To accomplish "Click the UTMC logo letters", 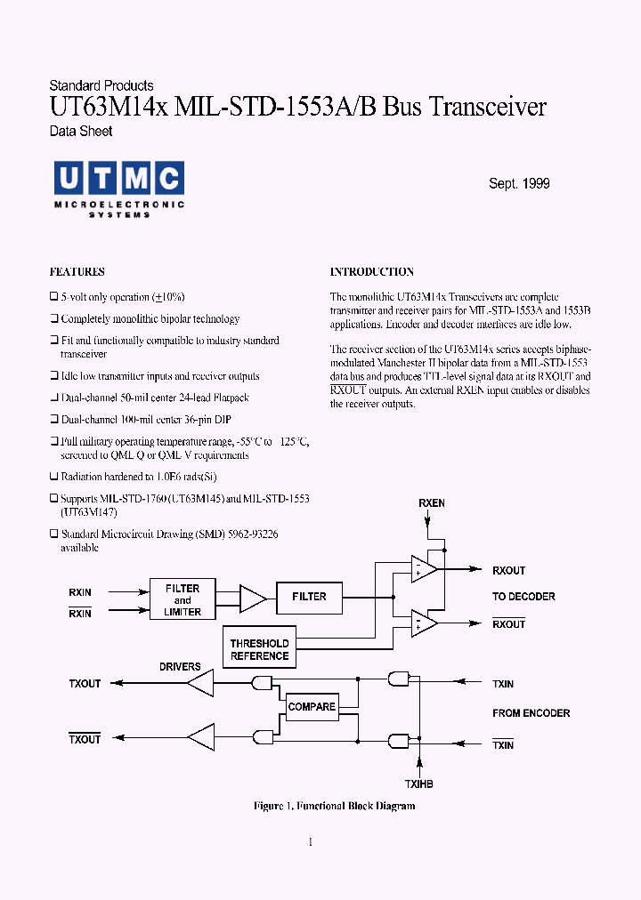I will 118,179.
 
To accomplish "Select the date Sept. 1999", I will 519,184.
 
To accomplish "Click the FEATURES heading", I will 77,272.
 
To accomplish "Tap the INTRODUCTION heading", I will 372,272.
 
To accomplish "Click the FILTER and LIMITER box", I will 183,600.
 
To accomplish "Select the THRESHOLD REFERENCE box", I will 259,650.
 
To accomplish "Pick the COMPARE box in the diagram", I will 312,708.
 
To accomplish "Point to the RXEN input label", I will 432,503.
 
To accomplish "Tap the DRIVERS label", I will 180,667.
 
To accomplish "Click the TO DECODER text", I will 523,597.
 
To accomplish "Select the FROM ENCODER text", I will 531,713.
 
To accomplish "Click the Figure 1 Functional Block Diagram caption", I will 334,807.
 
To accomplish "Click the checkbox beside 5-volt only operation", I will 53,297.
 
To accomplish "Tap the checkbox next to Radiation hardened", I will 53,478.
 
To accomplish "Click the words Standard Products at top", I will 101,86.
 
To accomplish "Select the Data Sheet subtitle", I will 80,132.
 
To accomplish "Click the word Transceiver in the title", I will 488,108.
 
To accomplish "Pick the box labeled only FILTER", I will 309,597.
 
